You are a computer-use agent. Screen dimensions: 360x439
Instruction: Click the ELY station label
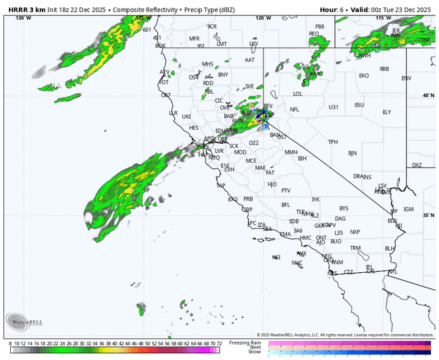386,112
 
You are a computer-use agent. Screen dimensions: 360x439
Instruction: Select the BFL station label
285,205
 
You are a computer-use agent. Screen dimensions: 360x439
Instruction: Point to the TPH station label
333,142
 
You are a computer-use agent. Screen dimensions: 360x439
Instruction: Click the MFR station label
195,38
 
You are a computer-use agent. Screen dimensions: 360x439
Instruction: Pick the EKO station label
364,76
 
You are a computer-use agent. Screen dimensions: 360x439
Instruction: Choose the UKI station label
187,117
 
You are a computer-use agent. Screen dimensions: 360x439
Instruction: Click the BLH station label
390,249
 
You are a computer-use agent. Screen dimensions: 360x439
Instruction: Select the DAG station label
340,219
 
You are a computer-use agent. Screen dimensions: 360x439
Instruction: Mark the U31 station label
334,107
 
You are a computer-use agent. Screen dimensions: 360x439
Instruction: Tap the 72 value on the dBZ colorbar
219,344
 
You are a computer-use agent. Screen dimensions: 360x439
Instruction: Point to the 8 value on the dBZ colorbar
11,344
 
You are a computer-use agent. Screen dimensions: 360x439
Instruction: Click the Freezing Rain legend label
244,342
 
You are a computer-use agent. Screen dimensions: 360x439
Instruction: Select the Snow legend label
254,351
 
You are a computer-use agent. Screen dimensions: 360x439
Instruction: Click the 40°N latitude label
428,95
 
